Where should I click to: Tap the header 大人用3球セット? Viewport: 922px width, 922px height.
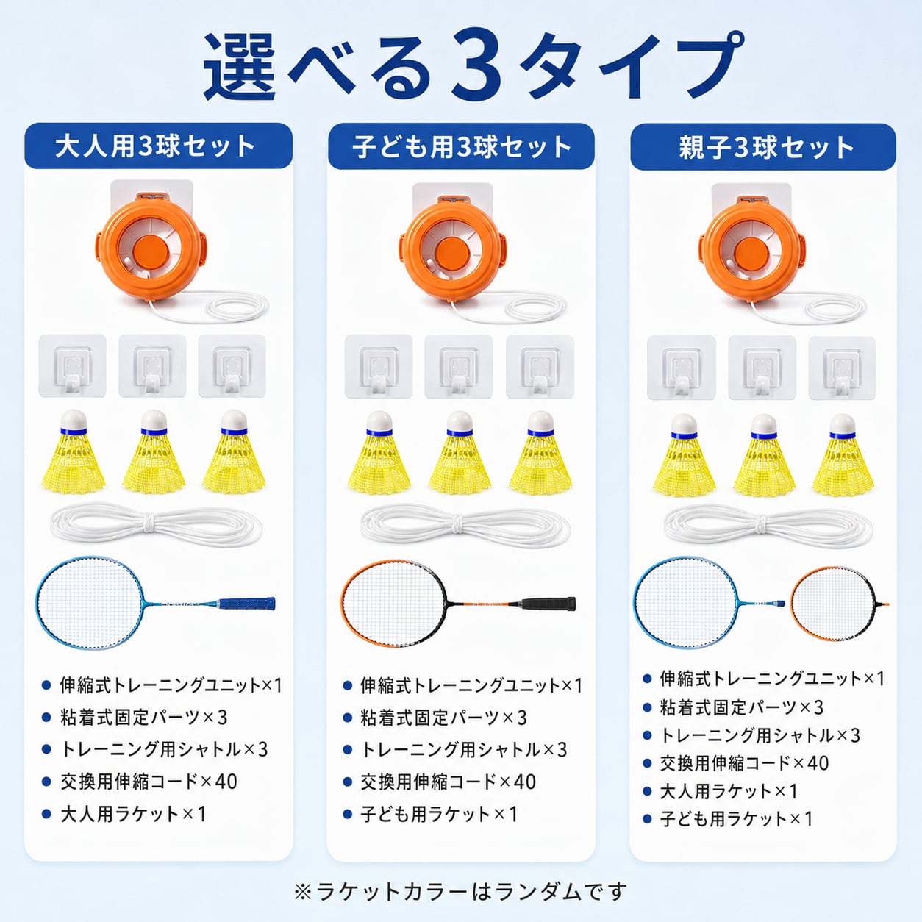155,146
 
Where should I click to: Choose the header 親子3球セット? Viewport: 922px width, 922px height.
766,146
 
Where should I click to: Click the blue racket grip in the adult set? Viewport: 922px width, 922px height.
247,603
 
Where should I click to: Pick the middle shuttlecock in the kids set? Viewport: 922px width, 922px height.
460,453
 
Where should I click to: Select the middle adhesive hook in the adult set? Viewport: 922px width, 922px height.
152,365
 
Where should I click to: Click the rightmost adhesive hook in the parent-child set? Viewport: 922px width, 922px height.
842,368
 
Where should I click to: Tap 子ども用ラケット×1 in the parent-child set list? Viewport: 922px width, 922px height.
736,818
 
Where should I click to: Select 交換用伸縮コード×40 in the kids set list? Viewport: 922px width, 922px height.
449,782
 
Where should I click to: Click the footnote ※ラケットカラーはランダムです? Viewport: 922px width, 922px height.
460,891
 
